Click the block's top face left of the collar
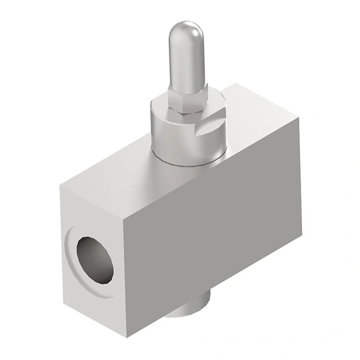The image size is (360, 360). pos(111,176)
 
